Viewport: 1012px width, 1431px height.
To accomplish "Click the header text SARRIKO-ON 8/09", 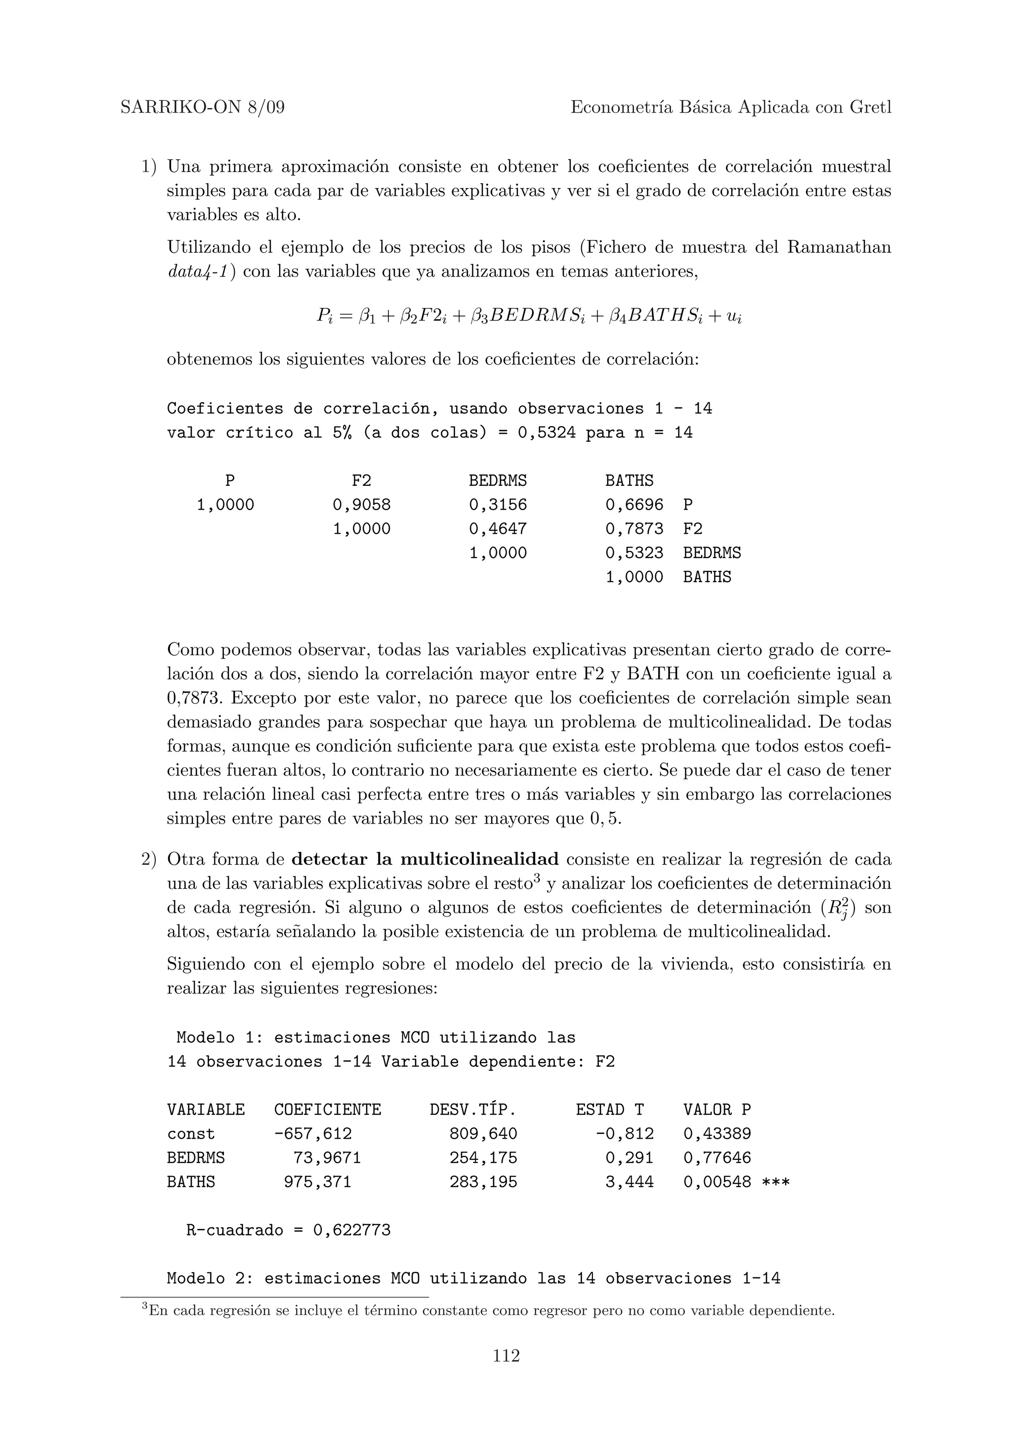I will [x=202, y=108].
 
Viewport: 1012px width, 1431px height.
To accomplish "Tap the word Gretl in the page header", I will [x=871, y=108].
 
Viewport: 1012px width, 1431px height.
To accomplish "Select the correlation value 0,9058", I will [x=362, y=505].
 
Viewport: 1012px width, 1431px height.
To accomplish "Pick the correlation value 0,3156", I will [x=498, y=505].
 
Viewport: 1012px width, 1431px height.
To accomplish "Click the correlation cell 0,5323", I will [x=634, y=553].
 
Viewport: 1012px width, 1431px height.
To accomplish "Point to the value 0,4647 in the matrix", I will [x=498, y=529].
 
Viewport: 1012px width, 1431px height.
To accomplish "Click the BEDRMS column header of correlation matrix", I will [x=498, y=480].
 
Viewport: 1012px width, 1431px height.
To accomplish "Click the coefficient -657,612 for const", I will [x=313, y=1134].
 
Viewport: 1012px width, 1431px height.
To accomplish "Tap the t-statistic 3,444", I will [x=629, y=1182].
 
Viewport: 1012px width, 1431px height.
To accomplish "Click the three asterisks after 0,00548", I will [x=776, y=1182].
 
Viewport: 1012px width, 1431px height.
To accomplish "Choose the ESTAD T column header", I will [x=609, y=1110].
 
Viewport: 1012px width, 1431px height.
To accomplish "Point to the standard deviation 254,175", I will [x=483, y=1158].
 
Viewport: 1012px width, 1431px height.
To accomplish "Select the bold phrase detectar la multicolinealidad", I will [x=425, y=860].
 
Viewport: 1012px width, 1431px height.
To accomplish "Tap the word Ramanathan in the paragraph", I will [x=839, y=247].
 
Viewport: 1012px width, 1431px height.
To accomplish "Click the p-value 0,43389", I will [x=717, y=1134].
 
